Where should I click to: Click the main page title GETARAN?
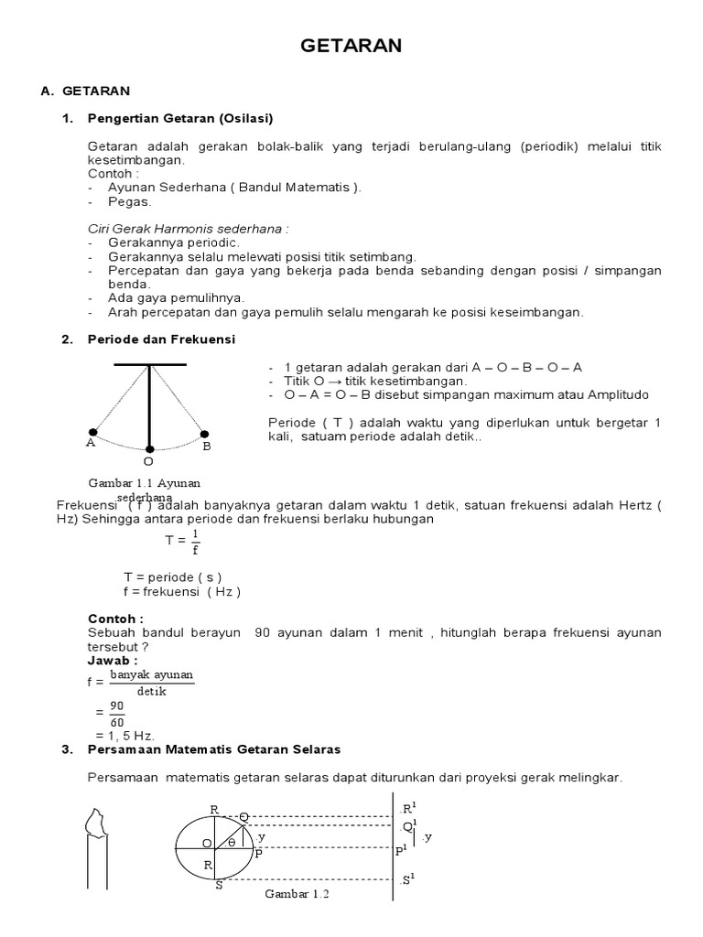click(351, 46)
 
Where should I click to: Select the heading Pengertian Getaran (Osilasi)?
click(180, 118)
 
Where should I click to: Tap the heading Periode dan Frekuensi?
click(161, 339)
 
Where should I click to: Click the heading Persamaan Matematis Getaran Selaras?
click(213, 749)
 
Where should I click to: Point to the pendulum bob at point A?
click(92, 432)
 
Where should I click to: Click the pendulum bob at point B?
click(205, 434)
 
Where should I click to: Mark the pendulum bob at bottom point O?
click(149, 449)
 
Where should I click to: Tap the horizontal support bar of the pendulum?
click(149, 364)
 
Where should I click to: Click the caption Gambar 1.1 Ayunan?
click(144, 482)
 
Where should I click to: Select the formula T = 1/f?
click(183, 542)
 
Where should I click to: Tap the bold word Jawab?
click(112, 660)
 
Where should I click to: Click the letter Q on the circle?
click(243, 816)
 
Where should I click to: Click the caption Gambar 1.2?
click(297, 894)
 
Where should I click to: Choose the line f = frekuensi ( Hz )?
click(181, 591)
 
